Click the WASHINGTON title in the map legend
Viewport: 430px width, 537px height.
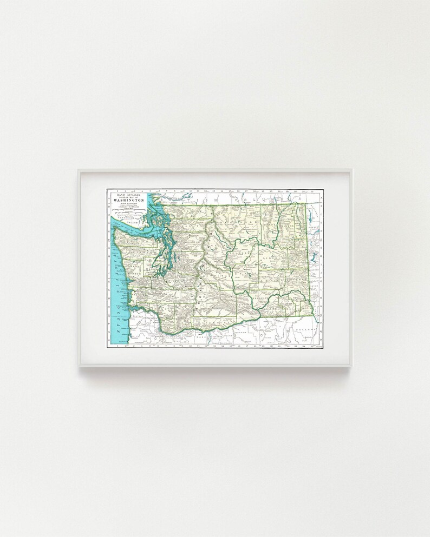tap(129, 200)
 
